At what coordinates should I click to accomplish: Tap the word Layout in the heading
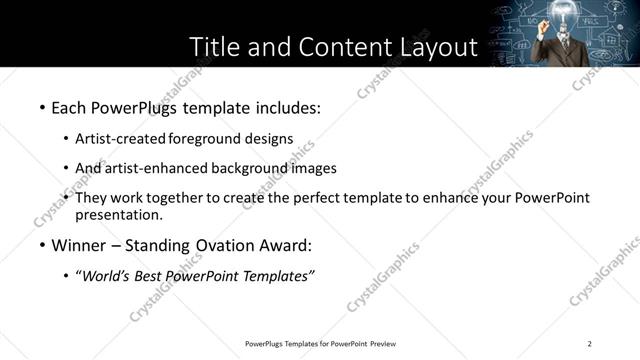coord(428,47)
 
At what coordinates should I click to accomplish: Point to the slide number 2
coord(590,344)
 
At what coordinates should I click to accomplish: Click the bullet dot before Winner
coord(41,246)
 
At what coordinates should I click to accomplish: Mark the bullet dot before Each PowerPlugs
coord(41,106)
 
